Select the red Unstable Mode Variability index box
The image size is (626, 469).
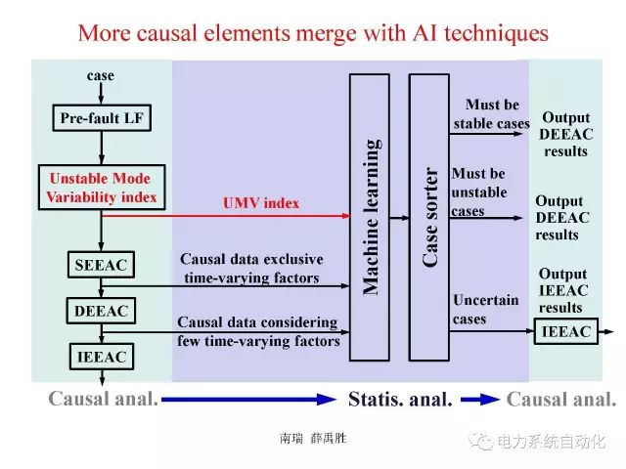[101, 188]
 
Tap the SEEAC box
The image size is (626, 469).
[102, 265]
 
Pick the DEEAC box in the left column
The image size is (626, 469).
[102, 312]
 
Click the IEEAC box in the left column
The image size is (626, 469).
[102, 357]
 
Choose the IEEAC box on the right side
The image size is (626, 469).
[566, 332]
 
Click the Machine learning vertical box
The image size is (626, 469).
[370, 216]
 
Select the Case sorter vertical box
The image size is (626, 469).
[429, 216]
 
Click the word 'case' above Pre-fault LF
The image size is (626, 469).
[101, 75]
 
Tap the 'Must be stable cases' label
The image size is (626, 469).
[491, 114]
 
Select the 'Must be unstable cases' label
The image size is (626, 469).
[479, 192]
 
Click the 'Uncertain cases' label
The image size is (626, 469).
[483, 310]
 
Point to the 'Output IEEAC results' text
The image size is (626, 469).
[563, 290]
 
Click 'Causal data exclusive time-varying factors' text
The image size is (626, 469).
[251, 269]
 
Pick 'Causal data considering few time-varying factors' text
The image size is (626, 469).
[257, 331]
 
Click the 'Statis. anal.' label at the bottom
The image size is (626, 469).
[400, 399]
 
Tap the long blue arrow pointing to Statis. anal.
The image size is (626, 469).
[249, 399]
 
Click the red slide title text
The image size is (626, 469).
[313, 32]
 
